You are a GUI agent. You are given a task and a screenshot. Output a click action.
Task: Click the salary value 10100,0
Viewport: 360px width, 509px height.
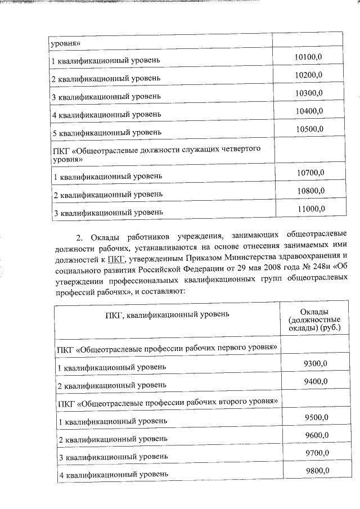pyautogui.click(x=309, y=57)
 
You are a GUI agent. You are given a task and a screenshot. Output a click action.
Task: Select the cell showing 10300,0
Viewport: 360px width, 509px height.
pyautogui.click(x=309, y=93)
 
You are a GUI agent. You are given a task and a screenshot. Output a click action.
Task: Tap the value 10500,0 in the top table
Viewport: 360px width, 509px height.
pyautogui.click(x=309, y=129)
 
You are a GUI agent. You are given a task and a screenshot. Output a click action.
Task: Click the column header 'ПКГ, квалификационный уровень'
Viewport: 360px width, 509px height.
pyautogui.click(x=167, y=314)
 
